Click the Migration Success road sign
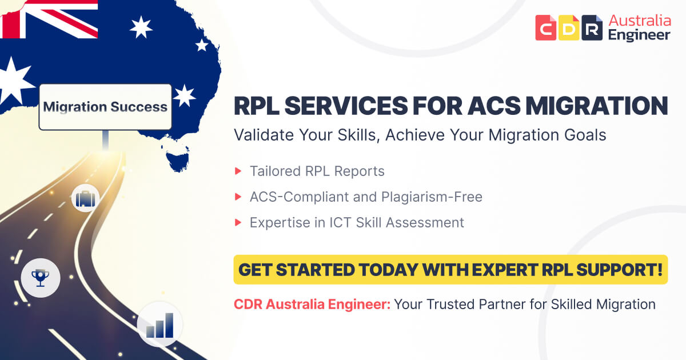105,107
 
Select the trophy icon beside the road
40,278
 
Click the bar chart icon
159,323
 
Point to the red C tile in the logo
546,28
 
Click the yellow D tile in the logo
569,28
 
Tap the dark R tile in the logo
592,28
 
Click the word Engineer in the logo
639,35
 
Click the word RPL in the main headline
260,107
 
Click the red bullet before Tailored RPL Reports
238,171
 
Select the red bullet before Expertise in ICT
238,223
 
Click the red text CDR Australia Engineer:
312,304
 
